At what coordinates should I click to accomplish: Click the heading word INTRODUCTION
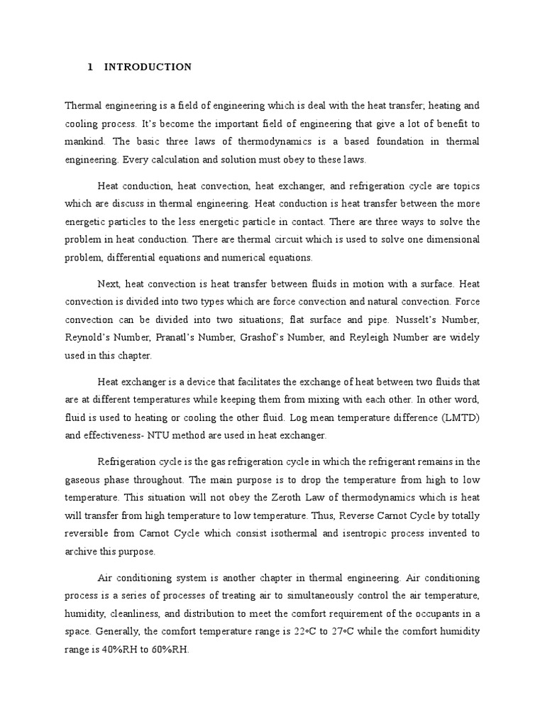148,67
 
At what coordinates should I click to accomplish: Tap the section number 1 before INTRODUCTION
90,67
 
